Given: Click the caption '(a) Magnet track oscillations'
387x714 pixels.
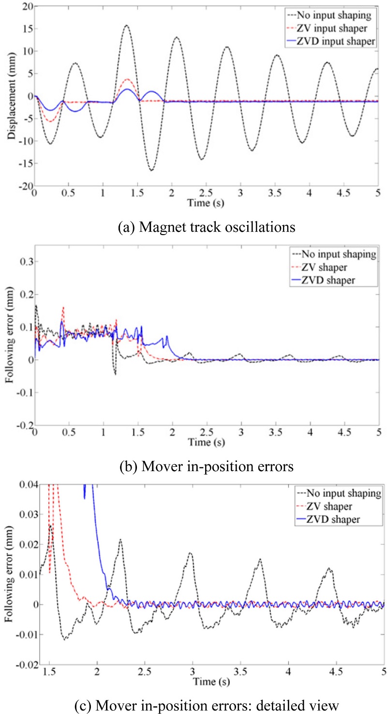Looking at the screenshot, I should (197, 226).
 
